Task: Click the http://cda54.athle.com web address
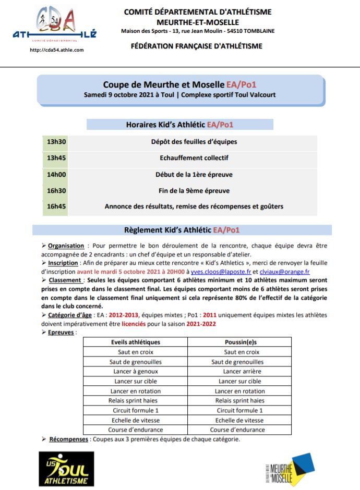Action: (57, 50)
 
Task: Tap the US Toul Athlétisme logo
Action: (67, 469)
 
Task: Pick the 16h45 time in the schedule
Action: (56, 206)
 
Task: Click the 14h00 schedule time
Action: (56, 175)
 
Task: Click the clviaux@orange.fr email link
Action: (285, 272)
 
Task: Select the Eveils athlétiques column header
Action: (136, 342)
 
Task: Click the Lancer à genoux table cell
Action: (136, 372)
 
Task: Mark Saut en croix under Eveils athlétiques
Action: (136, 352)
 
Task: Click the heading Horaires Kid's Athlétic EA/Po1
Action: (179, 125)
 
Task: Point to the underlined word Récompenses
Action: (68, 439)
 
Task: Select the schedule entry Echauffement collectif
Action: (194, 158)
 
